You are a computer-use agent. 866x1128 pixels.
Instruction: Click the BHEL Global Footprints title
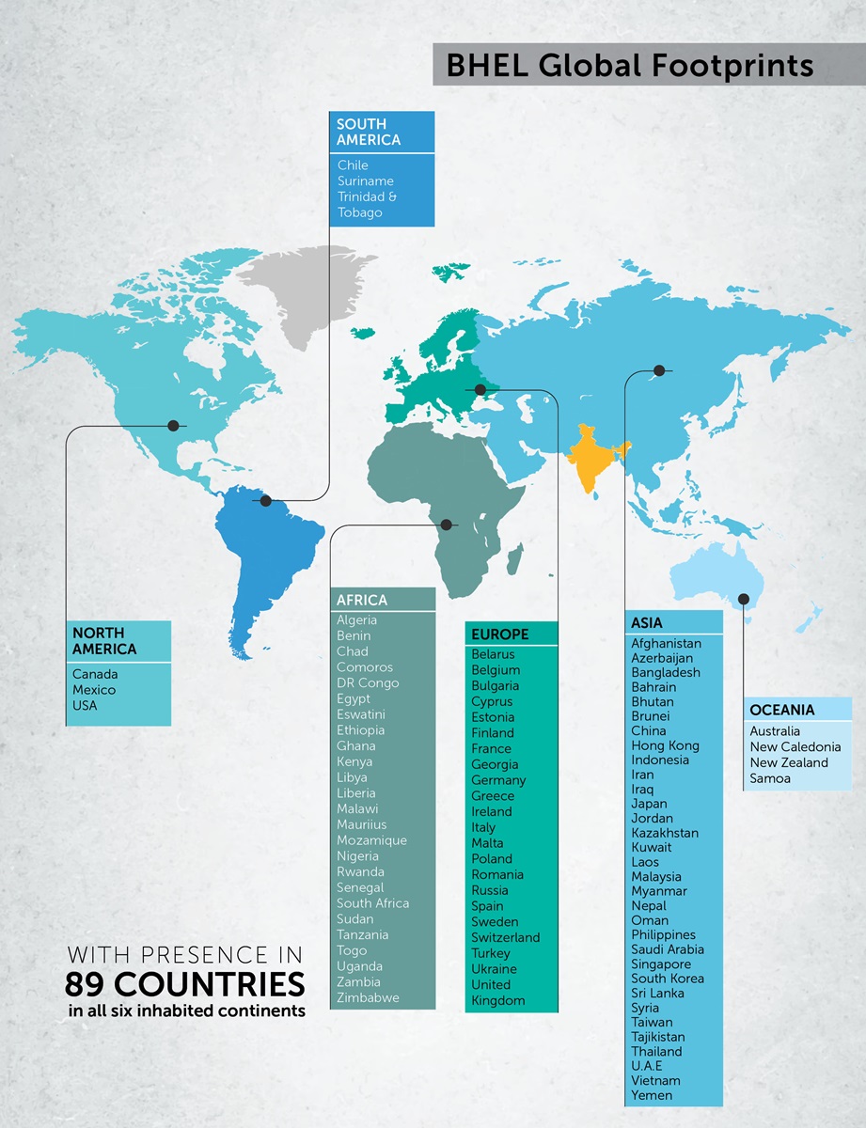[629, 66]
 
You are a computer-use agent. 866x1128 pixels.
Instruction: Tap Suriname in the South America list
[366, 180]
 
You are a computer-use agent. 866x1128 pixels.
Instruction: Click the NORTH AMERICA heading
[104, 641]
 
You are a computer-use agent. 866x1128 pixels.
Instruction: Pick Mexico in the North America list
[94, 690]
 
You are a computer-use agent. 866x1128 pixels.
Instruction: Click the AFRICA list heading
[362, 600]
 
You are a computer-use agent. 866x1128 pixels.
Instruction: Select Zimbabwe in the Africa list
[368, 997]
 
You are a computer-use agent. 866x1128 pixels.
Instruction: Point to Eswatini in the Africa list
[361, 714]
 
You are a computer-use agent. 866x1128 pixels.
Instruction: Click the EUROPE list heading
[500, 634]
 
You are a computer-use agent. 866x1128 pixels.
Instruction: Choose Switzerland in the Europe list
[506, 937]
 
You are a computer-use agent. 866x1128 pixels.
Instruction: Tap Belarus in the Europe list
[494, 654]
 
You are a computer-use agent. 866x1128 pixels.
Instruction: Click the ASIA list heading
[647, 622]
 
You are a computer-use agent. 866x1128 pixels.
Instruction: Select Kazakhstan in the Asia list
[665, 833]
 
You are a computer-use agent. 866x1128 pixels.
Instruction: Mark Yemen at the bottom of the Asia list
[652, 1095]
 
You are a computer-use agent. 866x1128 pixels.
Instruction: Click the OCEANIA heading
[782, 710]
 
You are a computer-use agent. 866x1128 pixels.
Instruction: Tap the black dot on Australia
[744, 599]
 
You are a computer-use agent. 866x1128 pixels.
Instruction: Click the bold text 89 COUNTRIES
[185, 985]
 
